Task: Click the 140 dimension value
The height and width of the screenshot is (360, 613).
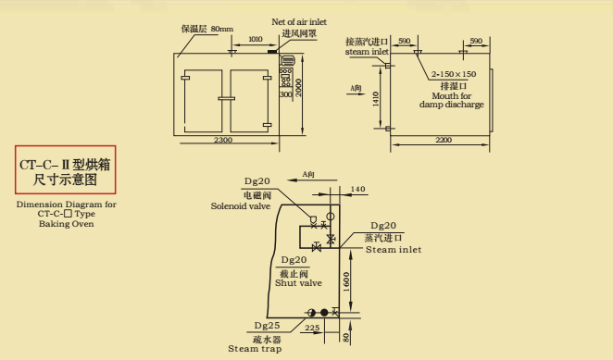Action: tap(358, 190)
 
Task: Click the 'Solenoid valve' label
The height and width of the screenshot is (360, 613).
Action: tap(243, 206)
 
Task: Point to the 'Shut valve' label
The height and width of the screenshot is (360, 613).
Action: tap(298, 283)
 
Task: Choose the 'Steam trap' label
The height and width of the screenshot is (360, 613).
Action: tap(255, 349)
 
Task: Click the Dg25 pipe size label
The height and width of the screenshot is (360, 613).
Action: tap(268, 326)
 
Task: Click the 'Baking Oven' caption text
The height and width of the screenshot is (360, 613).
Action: tap(67, 223)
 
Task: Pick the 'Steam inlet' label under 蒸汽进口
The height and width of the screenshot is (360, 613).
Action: tap(393, 249)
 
